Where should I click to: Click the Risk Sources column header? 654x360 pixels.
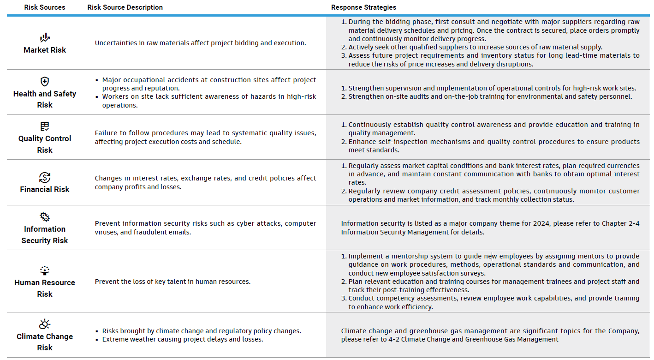45,7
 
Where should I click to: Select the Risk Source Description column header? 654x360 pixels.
125,7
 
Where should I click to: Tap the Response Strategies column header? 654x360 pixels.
363,7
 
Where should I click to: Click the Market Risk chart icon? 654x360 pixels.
45,38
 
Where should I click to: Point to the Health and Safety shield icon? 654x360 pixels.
45,82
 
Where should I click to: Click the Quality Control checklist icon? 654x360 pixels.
45,126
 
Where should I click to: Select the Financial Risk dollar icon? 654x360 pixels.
45,177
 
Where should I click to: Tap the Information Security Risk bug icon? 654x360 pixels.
45,217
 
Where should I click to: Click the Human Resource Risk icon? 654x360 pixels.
45,270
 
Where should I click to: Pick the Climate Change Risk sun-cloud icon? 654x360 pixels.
45,324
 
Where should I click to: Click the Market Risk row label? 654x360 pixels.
45,50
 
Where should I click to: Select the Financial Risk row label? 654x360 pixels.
45,189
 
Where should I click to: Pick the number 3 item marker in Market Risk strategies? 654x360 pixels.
344,55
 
